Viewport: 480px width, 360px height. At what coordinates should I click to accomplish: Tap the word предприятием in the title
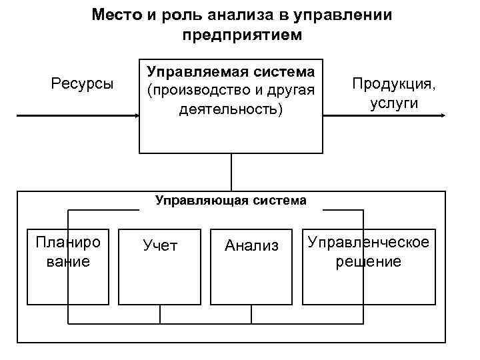point(241,34)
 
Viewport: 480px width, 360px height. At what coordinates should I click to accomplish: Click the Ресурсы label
point(83,84)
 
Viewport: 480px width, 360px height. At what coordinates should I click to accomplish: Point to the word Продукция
point(394,85)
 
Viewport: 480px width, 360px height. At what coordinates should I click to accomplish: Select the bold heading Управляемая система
point(230,70)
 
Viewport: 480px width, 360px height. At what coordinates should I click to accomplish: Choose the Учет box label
point(160,245)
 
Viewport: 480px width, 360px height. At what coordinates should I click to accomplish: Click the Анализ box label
point(251,245)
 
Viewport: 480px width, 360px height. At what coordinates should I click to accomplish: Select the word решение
point(368,261)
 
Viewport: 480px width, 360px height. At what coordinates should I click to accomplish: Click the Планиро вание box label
point(67,251)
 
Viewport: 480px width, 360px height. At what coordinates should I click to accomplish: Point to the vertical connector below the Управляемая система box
point(231,172)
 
